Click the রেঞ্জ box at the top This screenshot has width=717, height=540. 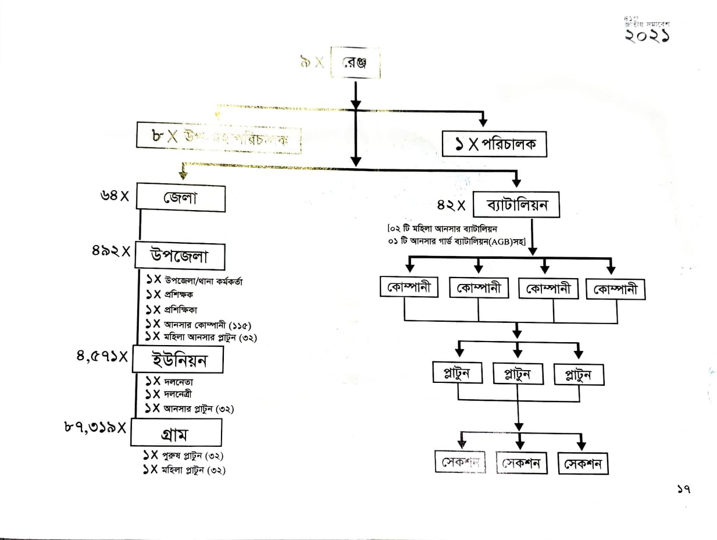click(x=355, y=63)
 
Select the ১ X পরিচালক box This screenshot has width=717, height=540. click(x=494, y=144)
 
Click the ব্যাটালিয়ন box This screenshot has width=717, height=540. click(x=516, y=205)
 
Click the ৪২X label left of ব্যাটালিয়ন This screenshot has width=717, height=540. click(x=452, y=205)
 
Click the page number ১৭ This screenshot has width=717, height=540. click(x=683, y=490)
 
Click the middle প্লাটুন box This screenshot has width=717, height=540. click(x=517, y=374)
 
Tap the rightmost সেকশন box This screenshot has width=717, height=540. click(x=582, y=464)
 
